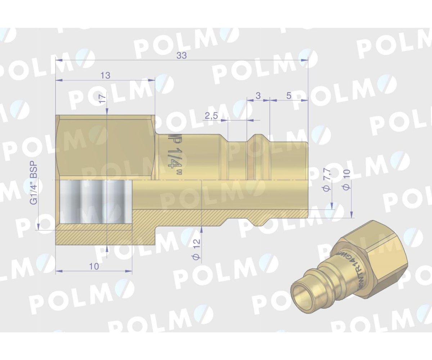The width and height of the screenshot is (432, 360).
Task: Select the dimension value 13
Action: click(105, 75)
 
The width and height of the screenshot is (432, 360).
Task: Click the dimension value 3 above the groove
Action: click(257, 96)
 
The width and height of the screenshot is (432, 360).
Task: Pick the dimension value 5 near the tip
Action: click(289, 96)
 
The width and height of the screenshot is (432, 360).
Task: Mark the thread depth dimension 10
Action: click(94, 266)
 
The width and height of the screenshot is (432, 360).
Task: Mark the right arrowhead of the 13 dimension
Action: click(152, 80)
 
